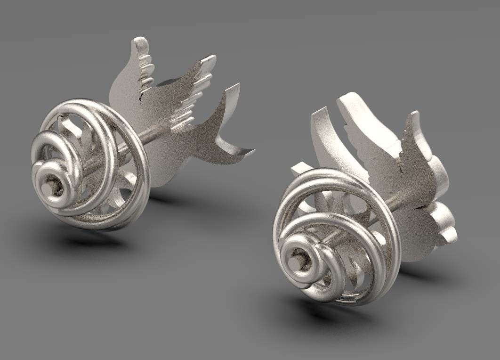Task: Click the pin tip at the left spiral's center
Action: tap(48, 186)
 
